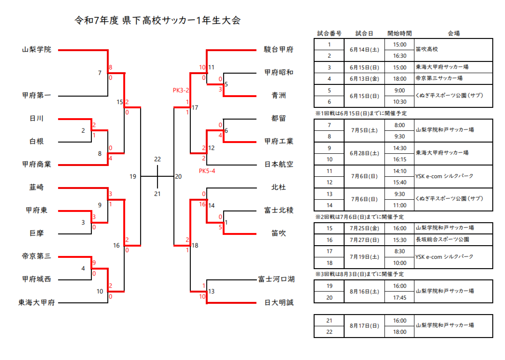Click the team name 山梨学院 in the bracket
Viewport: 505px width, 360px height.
click(x=37, y=49)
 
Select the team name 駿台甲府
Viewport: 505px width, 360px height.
click(x=279, y=49)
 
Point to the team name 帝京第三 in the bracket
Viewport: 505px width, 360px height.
click(x=37, y=256)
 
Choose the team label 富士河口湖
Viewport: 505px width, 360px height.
click(x=276, y=279)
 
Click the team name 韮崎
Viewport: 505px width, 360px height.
click(x=37, y=187)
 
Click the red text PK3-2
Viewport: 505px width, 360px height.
click(x=181, y=90)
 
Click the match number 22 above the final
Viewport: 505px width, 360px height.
click(x=158, y=159)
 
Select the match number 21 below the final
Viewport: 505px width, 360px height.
click(x=158, y=194)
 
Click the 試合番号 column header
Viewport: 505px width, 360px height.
click(x=329, y=34)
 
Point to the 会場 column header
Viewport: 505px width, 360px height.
click(x=453, y=34)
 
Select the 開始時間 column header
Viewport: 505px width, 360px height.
click(x=399, y=34)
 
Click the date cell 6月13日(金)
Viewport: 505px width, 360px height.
click(x=364, y=78)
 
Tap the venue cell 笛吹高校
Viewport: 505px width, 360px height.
click(x=427, y=49)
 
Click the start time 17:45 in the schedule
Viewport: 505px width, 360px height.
click(x=399, y=297)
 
